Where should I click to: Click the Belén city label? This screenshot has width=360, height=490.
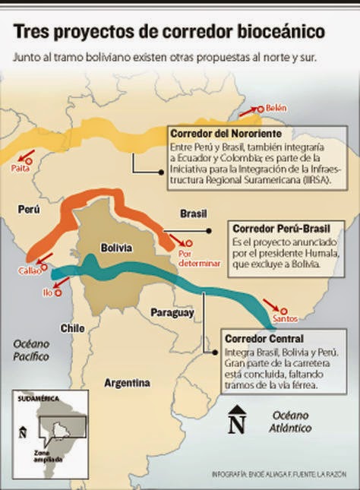pos(276,109)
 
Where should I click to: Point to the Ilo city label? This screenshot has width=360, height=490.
pos(48,292)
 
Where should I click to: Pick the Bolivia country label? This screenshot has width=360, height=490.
pos(116,248)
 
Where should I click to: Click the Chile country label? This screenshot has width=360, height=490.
pos(72,328)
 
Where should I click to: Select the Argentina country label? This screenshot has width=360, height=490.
pos(126,383)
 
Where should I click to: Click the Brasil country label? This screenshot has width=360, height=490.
pos(193,214)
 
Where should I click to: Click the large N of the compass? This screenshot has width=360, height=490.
pos(237,422)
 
